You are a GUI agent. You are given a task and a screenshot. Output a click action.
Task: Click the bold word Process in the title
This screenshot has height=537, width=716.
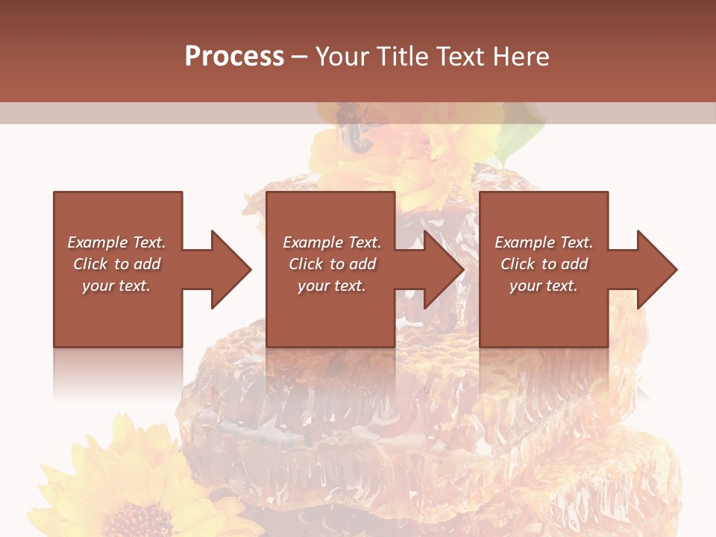234,57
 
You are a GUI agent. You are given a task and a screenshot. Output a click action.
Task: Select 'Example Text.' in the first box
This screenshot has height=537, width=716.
116,242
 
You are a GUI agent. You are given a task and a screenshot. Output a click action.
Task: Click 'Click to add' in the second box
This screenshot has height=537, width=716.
332,264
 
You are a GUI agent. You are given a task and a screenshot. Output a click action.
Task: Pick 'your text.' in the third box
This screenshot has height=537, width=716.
544,286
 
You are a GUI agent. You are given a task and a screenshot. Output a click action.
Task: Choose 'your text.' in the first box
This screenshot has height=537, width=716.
116,286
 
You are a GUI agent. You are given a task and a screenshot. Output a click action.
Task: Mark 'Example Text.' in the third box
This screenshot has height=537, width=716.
544,242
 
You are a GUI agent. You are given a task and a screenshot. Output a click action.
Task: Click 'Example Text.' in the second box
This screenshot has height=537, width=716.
332,242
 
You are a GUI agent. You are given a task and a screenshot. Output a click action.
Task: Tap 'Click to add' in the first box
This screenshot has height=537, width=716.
116,264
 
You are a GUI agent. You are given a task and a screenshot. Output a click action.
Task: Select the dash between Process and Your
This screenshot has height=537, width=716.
300,57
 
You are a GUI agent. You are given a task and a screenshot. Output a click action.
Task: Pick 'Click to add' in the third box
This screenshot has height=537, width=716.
544,264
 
